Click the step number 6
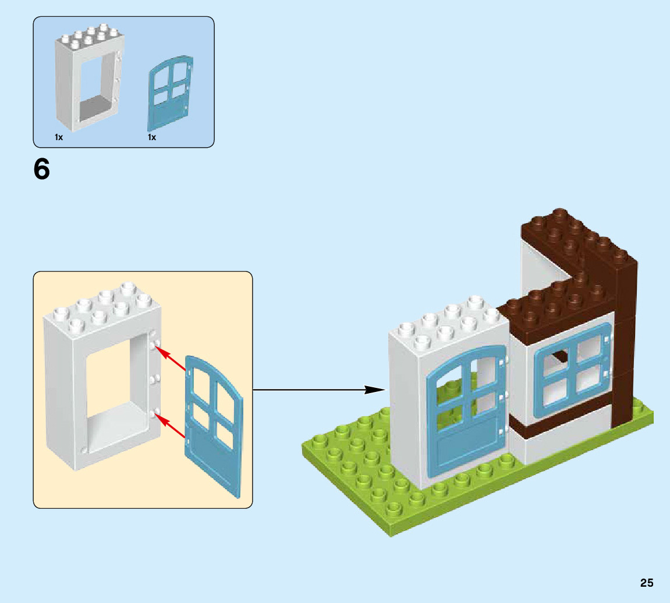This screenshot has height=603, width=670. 42,169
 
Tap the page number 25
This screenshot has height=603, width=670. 647,583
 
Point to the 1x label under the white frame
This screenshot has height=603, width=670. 59,138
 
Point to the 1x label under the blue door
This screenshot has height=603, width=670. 152,138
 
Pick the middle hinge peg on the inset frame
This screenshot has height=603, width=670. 155,379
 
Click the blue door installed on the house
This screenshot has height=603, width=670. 466,407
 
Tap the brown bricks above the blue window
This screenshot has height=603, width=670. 553,308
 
